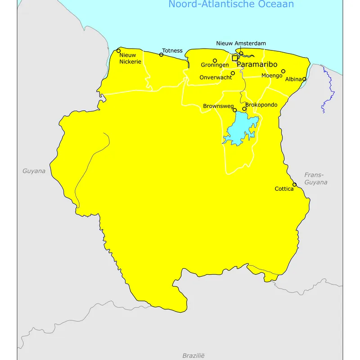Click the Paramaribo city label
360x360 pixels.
pyautogui.click(x=257, y=64)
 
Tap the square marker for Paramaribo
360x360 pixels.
pyautogui.click(x=234, y=58)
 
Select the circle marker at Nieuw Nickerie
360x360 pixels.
pyautogui.click(x=119, y=51)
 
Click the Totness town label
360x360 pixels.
pyautogui.click(x=172, y=50)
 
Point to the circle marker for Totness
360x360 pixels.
pyautogui.click(x=161, y=55)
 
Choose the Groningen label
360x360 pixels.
pyautogui.click(x=215, y=65)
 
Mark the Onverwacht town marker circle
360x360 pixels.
pyautogui.click(x=233, y=73)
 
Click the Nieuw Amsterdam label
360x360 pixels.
pyautogui.click(x=241, y=44)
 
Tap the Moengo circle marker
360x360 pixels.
pyautogui.click(x=283, y=71)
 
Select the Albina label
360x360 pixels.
pyautogui.click(x=293, y=79)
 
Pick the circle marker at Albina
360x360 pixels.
pyautogui.click(x=304, y=79)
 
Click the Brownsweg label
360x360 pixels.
pyautogui.click(x=218, y=106)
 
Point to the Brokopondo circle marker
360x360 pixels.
pyautogui.click(x=244, y=109)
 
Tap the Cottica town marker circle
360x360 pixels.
pyautogui.click(x=295, y=184)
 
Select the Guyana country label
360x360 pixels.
pyautogui.click(x=34, y=171)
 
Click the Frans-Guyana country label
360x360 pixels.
pyautogui.click(x=315, y=179)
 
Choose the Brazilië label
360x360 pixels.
pyautogui.click(x=193, y=355)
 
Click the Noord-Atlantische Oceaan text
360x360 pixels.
pyautogui.click(x=231, y=4)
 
